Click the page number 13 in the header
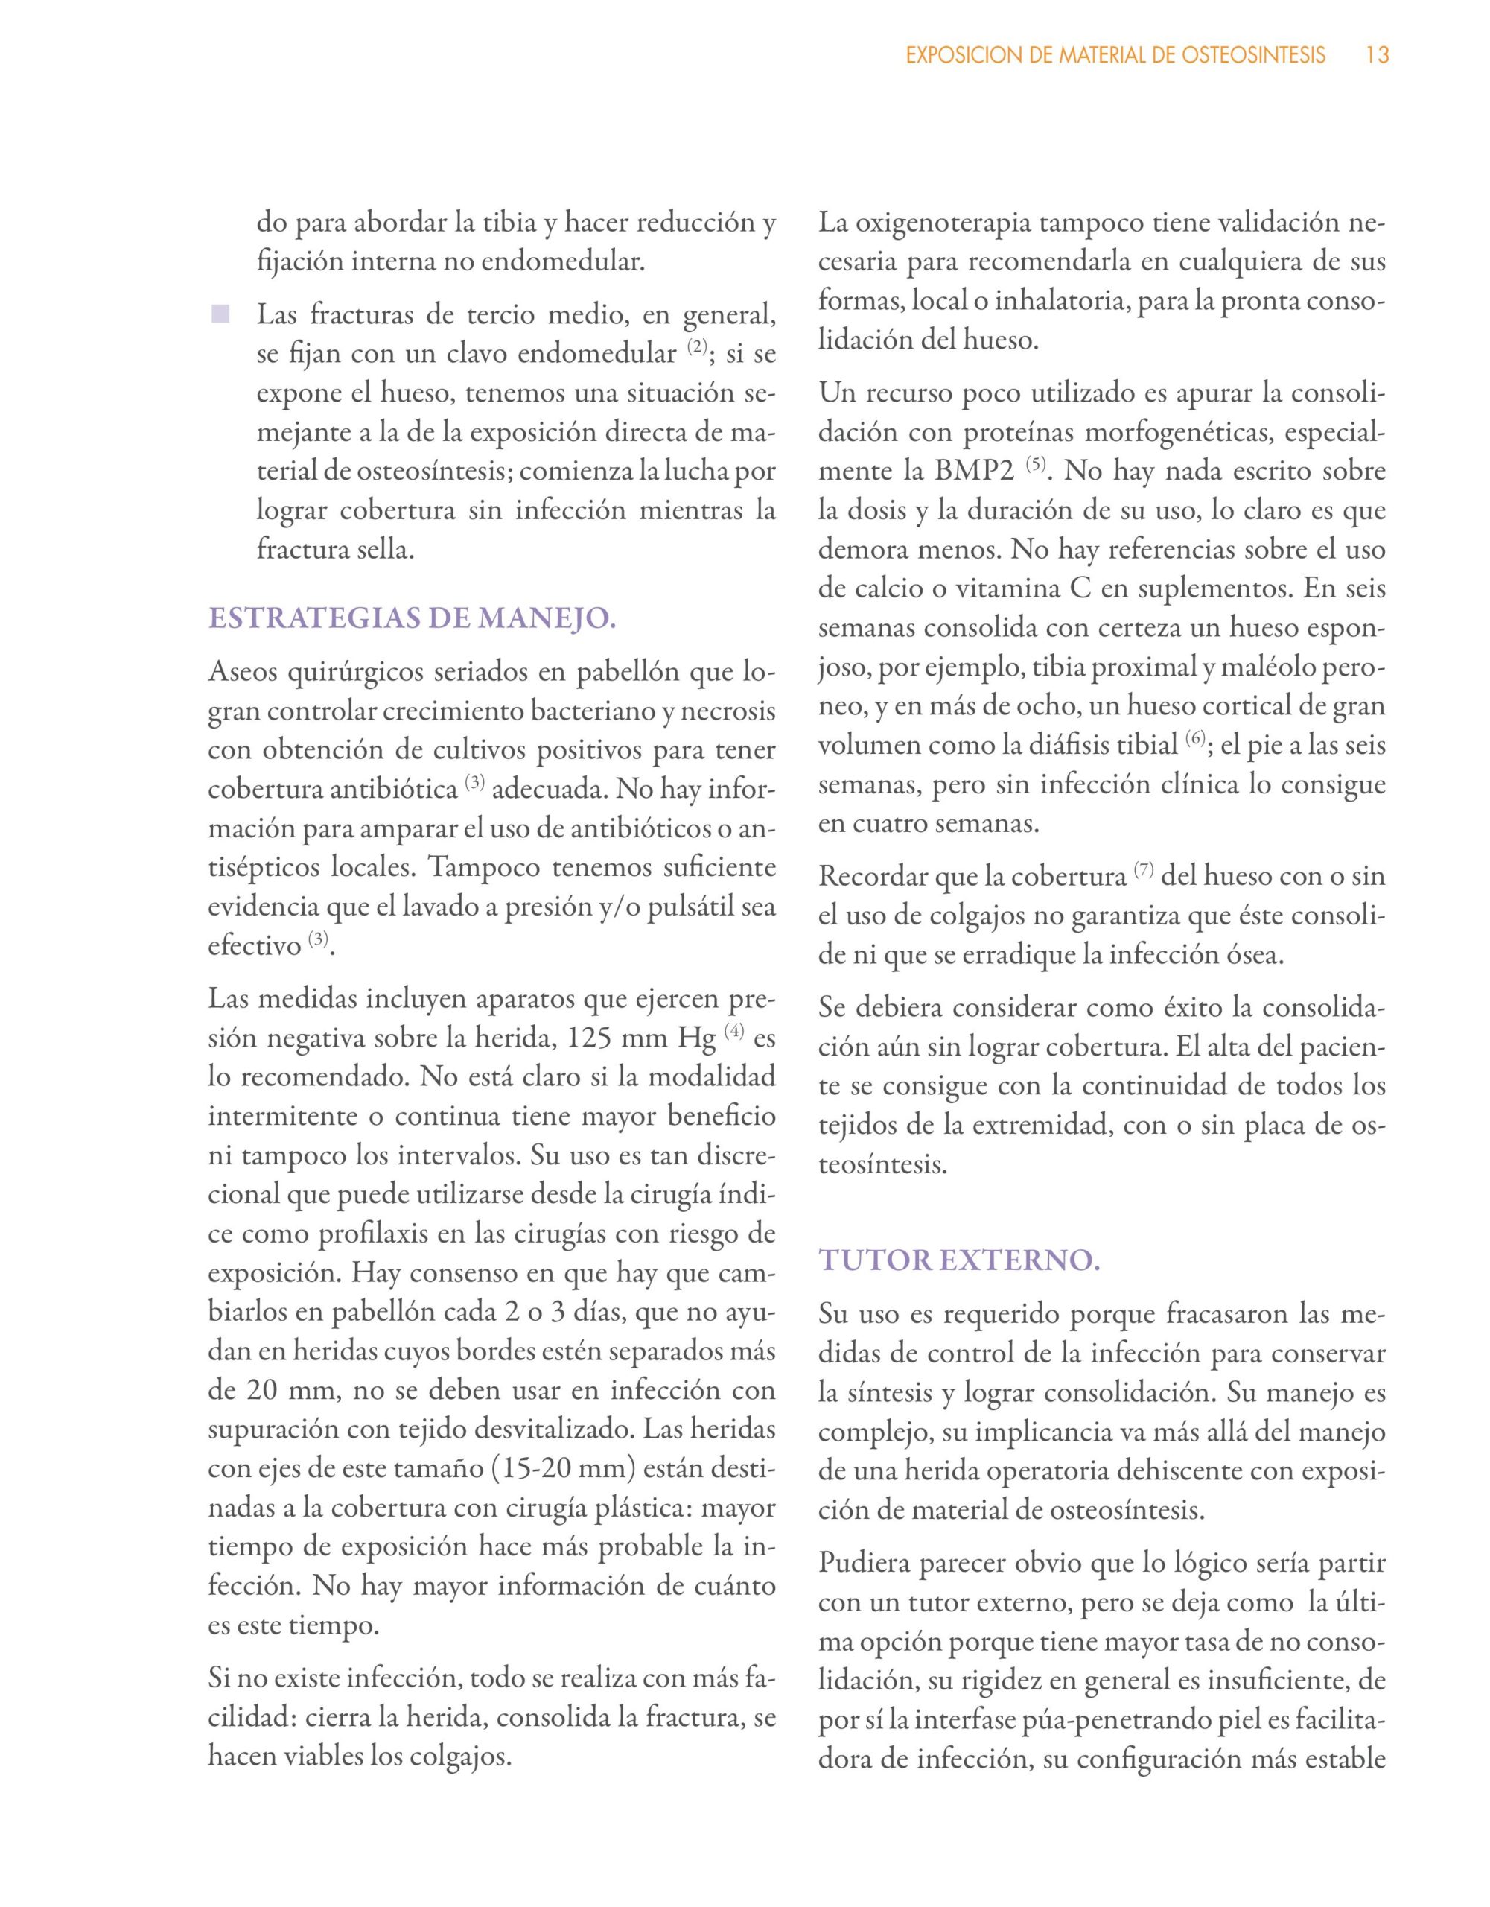[1377, 56]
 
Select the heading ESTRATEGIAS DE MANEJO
[412, 618]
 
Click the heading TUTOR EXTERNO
[958, 1261]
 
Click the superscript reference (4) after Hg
[734, 1031]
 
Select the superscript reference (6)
[1196, 740]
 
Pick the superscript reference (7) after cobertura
[1144, 869]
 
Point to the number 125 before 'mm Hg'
[593, 1038]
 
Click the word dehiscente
[1172, 1470]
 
